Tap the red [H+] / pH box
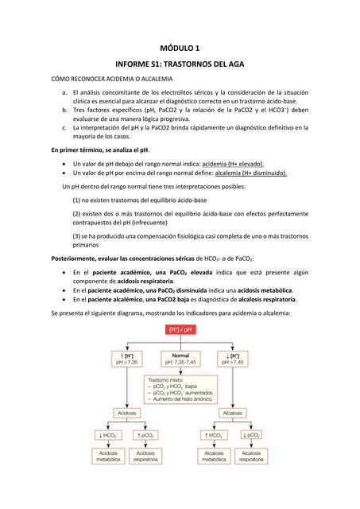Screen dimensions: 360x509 (x=180, y=329)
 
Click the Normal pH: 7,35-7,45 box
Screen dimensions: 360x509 (x=180, y=358)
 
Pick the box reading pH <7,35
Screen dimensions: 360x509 (x=126, y=358)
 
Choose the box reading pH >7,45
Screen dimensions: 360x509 (x=236, y=358)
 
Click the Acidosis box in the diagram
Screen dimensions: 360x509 (x=126, y=413)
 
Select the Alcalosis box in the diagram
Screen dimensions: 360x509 (x=234, y=413)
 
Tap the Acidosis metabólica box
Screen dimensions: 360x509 (x=108, y=456)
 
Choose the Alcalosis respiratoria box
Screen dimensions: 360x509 (x=251, y=456)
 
